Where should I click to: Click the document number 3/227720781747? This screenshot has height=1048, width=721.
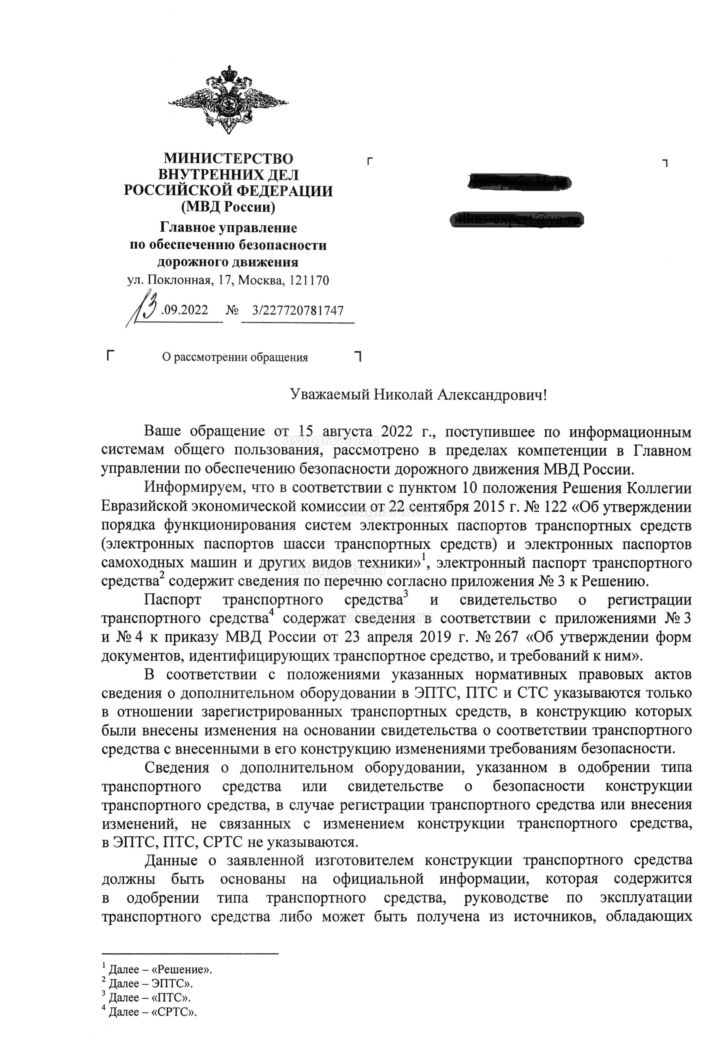pos(298,310)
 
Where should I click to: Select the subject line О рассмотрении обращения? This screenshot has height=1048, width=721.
pos(235,357)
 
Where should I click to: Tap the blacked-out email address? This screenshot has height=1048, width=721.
pos(518,220)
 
